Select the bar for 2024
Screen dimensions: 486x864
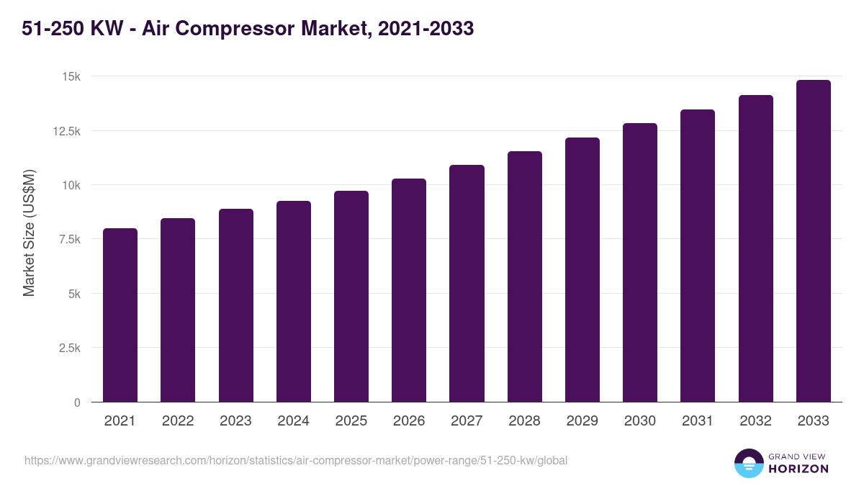294,302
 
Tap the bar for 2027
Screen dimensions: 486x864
467,284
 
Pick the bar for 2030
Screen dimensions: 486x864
640,263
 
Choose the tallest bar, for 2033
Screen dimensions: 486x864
813,241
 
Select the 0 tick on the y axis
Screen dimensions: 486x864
76,402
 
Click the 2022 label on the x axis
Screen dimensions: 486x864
178,421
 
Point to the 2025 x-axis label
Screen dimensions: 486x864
351,421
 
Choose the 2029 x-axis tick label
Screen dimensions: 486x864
582,421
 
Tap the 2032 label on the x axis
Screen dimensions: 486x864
755,421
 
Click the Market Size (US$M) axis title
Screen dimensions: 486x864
29,233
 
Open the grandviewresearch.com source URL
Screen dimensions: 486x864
296,460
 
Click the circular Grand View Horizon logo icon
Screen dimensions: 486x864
749,463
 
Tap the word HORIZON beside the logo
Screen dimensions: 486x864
798,469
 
